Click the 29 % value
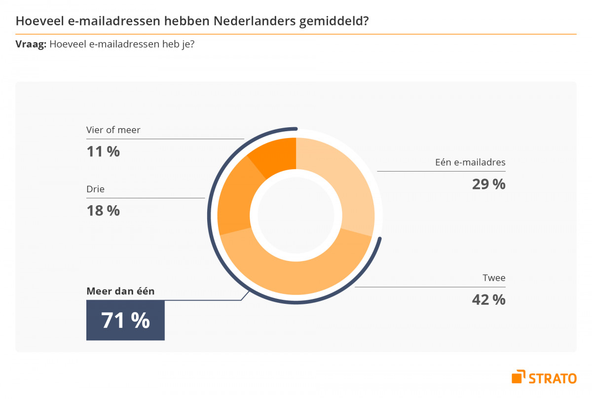pyautogui.click(x=488, y=184)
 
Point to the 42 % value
pyautogui.click(x=488, y=299)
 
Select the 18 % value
pyautogui.click(x=103, y=211)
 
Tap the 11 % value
pyautogui.click(x=103, y=151)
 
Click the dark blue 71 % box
pyautogui.click(x=125, y=321)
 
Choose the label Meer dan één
pyautogui.click(x=120, y=291)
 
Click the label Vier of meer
pyautogui.click(x=113, y=130)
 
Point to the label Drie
pyautogui.click(x=95, y=189)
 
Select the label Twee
pyautogui.click(x=494, y=278)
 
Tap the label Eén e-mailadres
pyautogui.click(x=470, y=162)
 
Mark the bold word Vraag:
pyautogui.click(x=31, y=44)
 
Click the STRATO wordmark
pyautogui.click(x=553, y=378)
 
